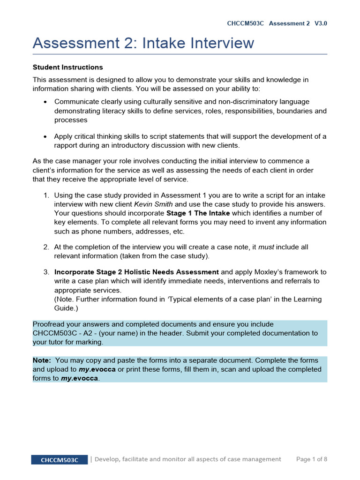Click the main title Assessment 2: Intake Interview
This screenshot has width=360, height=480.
pos(143,43)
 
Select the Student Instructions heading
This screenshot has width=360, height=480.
pos(67,67)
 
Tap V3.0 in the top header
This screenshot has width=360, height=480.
pos(321,23)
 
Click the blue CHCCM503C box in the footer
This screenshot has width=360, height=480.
pos(59,460)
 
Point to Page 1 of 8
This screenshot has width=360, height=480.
pos(312,459)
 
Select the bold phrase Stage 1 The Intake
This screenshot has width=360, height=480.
pos(198,213)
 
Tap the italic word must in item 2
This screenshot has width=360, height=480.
pos(266,247)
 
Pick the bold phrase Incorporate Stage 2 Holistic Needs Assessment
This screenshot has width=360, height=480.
pos(136,272)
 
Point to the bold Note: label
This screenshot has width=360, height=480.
pos(42,360)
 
